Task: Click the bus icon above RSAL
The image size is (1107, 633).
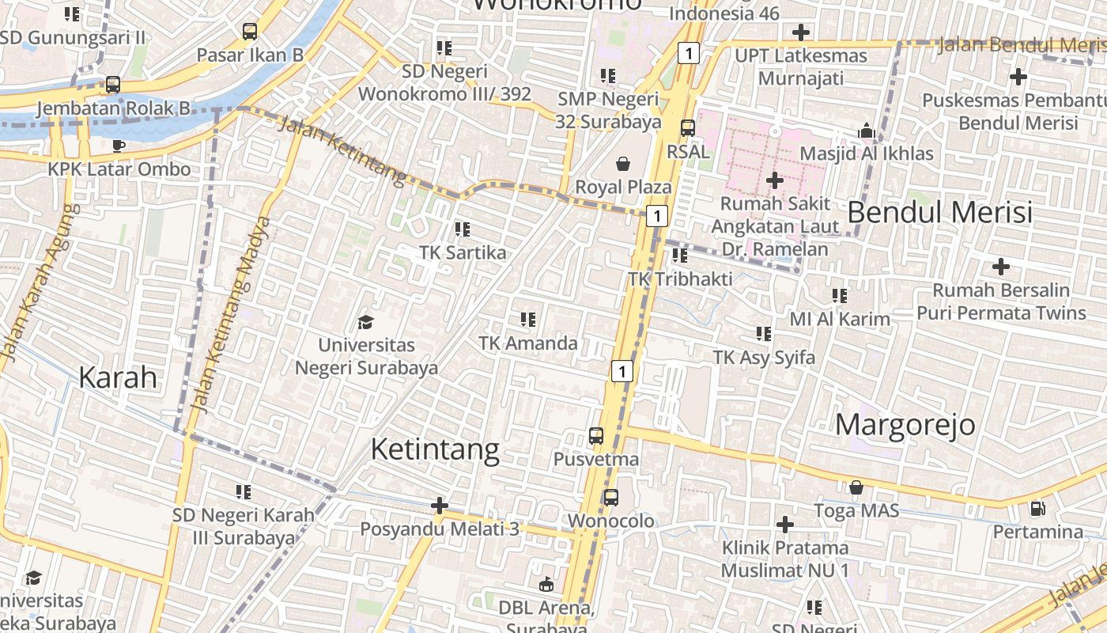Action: point(688,127)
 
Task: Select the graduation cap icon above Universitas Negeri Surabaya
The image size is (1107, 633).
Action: point(365,322)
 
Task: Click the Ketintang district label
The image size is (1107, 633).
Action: point(435,449)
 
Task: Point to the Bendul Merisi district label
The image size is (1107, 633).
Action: point(940,212)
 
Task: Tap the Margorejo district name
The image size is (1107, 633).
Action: point(905,425)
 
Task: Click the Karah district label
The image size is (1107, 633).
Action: point(118,377)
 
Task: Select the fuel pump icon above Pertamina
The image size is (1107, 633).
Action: point(1037,508)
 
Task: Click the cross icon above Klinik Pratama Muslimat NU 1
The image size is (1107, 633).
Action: point(784,524)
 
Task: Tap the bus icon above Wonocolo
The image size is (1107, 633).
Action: point(610,498)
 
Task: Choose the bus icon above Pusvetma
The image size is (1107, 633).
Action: point(596,436)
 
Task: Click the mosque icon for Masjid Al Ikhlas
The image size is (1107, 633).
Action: point(867,131)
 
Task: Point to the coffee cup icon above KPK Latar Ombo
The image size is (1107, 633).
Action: point(118,146)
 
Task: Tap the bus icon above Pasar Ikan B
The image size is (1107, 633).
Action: point(250,32)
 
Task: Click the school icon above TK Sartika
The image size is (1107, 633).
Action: point(463,229)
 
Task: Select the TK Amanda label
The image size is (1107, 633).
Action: point(528,343)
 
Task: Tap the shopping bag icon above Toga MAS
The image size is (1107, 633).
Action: point(856,487)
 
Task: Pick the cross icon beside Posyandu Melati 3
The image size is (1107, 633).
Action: point(440,505)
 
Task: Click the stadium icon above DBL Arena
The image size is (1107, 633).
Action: point(546,585)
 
